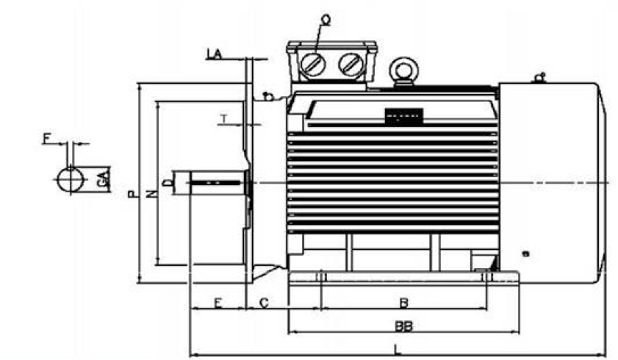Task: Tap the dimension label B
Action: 403,301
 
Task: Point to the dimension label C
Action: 265,301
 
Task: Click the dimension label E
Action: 218,301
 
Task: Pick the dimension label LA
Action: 215,54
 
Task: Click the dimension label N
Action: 151,194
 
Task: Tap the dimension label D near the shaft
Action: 168,181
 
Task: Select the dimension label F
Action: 48,138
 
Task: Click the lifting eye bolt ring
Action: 403,70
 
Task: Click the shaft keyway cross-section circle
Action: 71,179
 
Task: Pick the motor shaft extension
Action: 218,181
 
